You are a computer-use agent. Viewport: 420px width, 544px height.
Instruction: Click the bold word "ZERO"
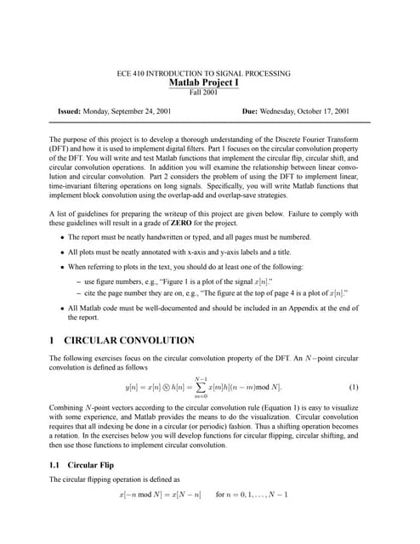pos(189,222)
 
